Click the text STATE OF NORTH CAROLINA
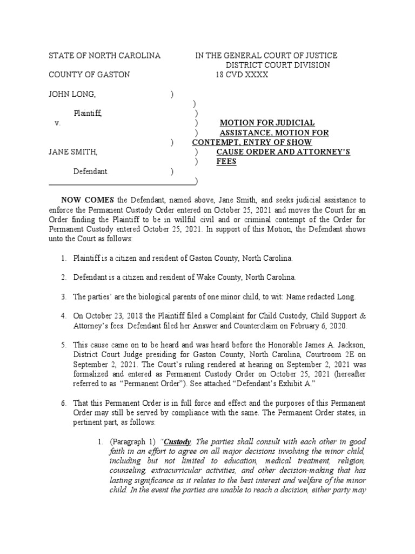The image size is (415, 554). (x=104, y=56)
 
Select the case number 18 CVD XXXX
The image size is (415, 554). (x=242, y=75)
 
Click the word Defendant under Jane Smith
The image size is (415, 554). (x=91, y=171)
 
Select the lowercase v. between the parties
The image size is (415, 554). (x=57, y=123)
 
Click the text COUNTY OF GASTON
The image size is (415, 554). (x=89, y=75)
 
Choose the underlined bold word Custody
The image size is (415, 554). (x=177, y=441)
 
